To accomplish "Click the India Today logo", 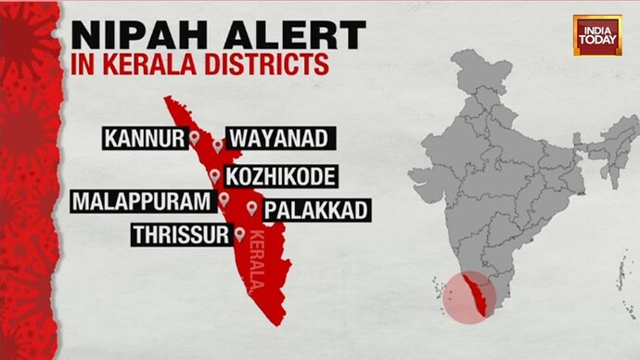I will pyautogui.click(x=596, y=34).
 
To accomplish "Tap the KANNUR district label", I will pyautogui.click(x=144, y=139).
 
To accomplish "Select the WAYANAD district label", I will pyautogui.click(x=278, y=139).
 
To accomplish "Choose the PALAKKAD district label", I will pyautogui.click(x=316, y=210).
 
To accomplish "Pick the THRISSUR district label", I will pyautogui.click(x=180, y=235).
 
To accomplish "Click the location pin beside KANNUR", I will pyautogui.click(x=195, y=138).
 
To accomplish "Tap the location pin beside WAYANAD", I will pyautogui.click(x=218, y=145).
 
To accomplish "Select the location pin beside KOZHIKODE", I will pyautogui.click(x=215, y=175).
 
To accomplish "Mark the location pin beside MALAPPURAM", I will pyautogui.click(x=224, y=200).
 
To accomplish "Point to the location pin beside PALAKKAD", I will pyautogui.click(x=252, y=208).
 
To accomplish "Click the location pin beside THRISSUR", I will pyautogui.click(x=239, y=235).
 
